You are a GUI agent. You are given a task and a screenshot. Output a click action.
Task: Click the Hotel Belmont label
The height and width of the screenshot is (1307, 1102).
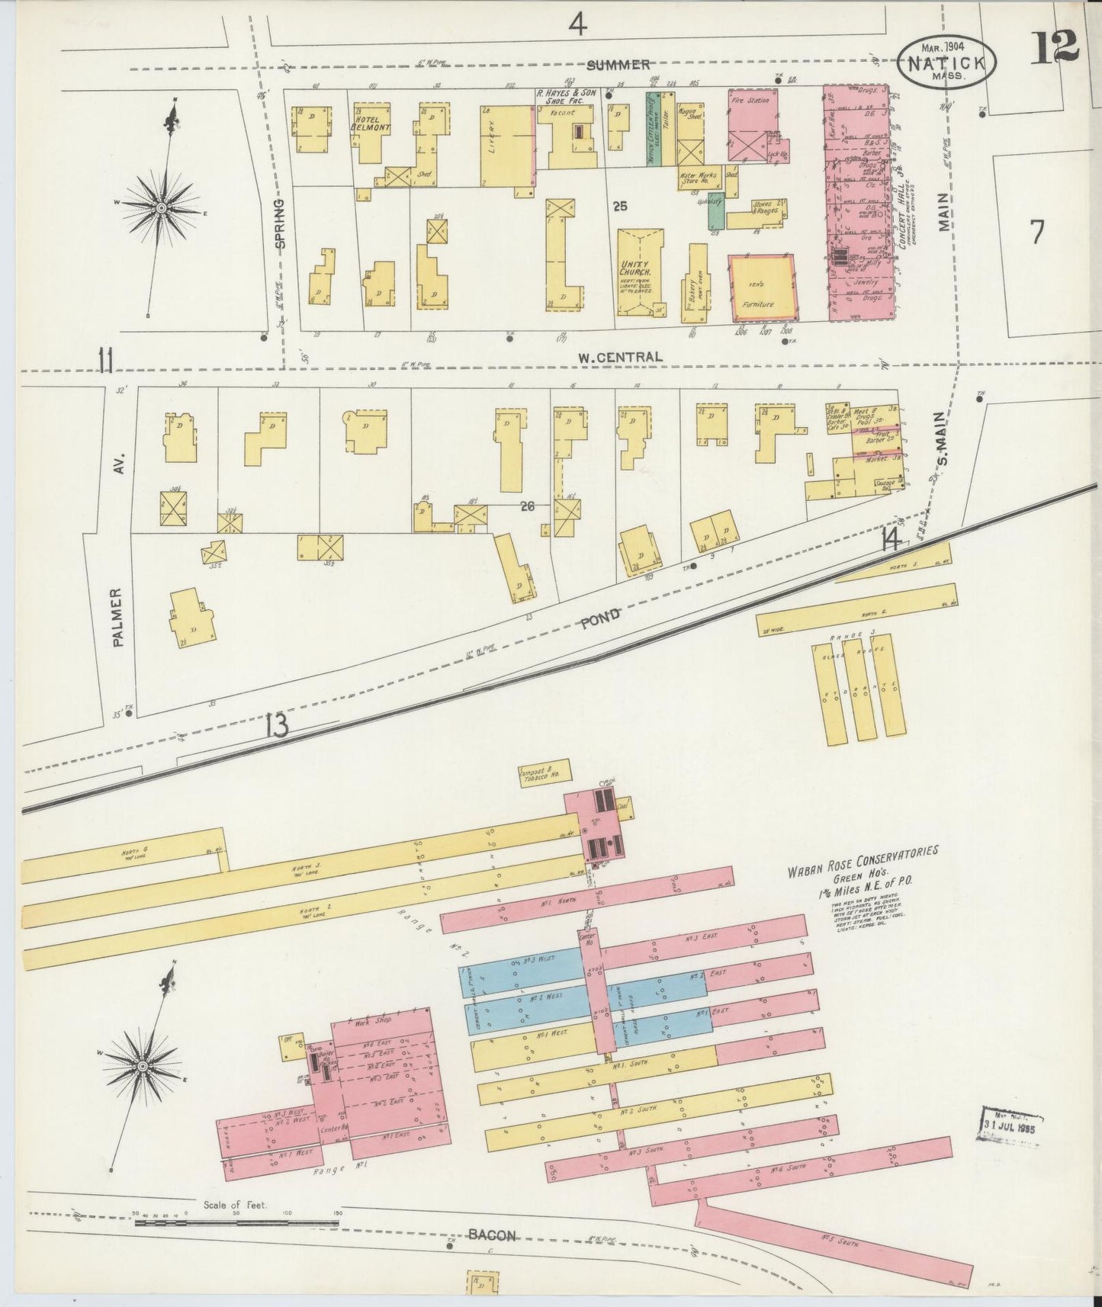[371, 124]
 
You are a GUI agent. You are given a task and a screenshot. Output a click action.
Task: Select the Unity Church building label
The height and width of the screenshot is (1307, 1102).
[635, 268]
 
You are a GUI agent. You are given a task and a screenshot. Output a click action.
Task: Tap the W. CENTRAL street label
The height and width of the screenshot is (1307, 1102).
[619, 357]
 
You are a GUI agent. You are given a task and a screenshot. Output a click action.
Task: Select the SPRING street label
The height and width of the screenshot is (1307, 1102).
[279, 224]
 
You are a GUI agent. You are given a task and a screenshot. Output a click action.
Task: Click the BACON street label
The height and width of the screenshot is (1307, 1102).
[492, 1236]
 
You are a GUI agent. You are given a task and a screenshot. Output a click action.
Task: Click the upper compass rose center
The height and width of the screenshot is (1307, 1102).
[162, 207]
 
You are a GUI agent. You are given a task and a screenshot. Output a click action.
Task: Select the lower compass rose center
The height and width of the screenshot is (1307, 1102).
[142, 1065]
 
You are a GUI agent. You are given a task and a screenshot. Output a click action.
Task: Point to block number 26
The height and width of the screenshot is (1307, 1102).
[526, 504]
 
